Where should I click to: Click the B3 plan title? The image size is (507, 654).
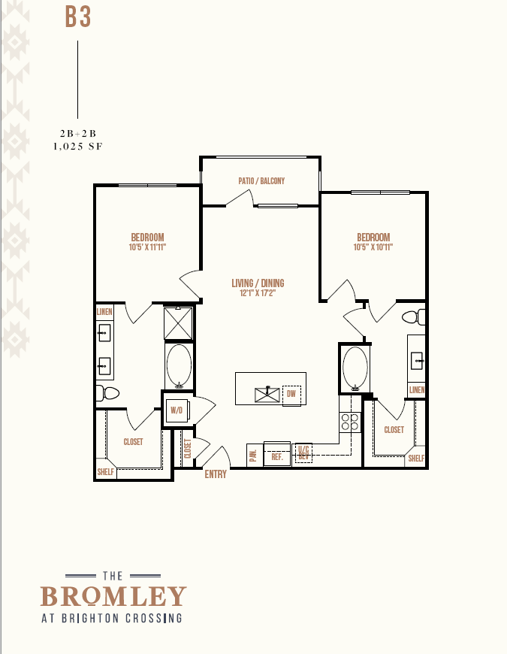[78, 17]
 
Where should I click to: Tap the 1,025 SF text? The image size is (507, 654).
[78, 147]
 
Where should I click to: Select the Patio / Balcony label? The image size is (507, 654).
[261, 181]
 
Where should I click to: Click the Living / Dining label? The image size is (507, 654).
[258, 283]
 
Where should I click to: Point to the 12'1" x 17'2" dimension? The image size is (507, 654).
[258, 293]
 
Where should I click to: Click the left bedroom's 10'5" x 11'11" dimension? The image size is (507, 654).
[147, 247]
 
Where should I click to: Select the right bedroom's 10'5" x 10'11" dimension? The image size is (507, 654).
[373, 247]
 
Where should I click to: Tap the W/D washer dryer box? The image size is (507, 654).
[177, 410]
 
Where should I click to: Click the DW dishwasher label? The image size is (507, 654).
[291, 394]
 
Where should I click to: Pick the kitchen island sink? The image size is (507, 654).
[267, 395]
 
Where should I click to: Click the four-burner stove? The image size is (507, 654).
[350, 422]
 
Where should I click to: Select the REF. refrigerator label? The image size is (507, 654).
[277, 457]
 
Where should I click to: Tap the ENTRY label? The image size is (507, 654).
[216, 474]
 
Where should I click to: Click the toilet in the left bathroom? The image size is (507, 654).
[107, 393]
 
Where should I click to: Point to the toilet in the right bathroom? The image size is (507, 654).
[414, 317]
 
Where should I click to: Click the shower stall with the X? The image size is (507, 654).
[178, 323]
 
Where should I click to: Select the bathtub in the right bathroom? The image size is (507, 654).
[355, 368]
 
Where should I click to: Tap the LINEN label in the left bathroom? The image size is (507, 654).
[104, 311]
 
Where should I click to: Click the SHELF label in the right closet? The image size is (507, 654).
[416, 459]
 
